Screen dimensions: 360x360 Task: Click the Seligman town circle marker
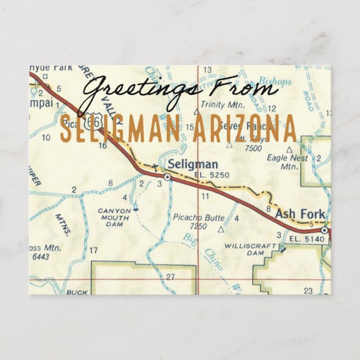(x=167, y=177)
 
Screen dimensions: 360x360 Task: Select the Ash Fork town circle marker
(x=324, y=230)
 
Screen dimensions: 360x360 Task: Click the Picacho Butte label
(x=198, y=217)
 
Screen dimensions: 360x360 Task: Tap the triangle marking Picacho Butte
(x=221, y=229)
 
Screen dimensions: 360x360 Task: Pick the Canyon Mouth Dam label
(x=114, y=217)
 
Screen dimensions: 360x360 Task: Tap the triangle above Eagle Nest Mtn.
(x=288, y=149)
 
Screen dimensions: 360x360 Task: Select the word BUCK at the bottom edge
(x=77, y=292)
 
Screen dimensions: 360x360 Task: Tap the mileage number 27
(x=170, y=276)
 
